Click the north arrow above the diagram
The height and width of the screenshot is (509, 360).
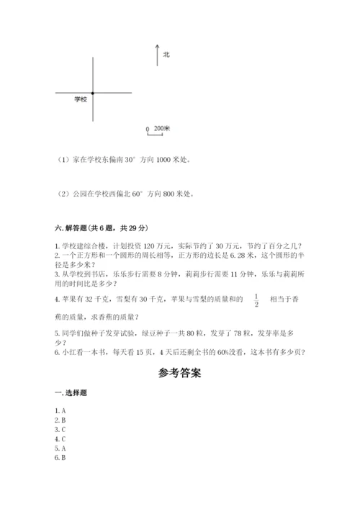[x=157, y=55]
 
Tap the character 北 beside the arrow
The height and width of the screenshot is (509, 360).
[x=166, y=54]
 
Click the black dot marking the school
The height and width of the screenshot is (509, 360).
[x=93, y=93]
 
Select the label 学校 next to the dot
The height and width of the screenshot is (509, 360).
[x=81, y=99]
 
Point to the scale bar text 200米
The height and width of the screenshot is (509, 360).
[x=162, y=129]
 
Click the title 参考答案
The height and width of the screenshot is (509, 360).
[x=179, y=374]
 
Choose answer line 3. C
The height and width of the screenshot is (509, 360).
[x=60, y=429]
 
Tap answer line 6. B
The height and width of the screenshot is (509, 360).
[x=60, y=457]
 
